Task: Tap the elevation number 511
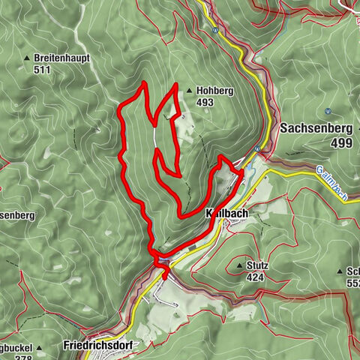43,70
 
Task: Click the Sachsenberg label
316,128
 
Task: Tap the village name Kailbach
228,213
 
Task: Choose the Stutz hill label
257,265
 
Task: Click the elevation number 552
353,283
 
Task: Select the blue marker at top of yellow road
215,31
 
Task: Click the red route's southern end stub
165,277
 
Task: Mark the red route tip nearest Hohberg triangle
176,86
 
